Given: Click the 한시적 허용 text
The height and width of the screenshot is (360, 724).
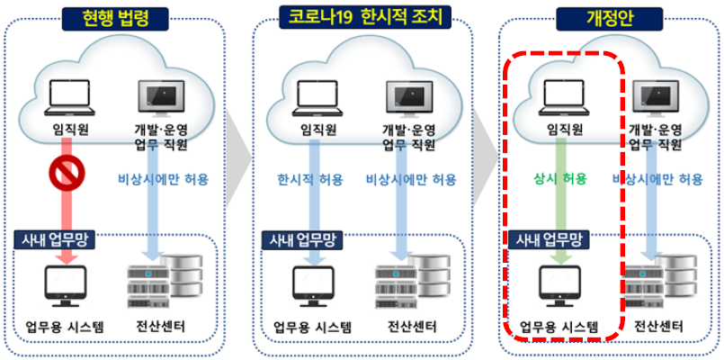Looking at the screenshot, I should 310,179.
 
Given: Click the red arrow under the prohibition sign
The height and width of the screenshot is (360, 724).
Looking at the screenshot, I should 67,225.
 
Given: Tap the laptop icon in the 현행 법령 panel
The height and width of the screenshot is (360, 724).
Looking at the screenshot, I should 67,98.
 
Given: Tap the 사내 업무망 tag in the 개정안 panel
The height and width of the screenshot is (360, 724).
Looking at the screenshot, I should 547,240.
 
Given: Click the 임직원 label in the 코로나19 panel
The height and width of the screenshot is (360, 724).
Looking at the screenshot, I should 311,130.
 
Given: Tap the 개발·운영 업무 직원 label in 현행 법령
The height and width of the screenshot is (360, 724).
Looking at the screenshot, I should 165,138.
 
